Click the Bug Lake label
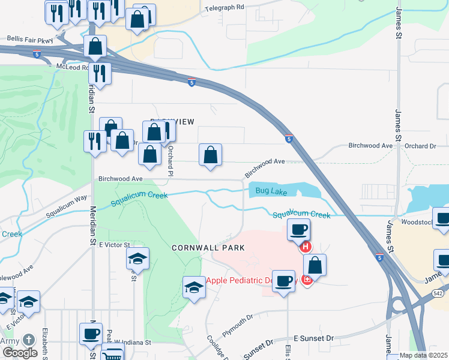click(x=268, y=191)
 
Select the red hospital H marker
click(x=306, y=246)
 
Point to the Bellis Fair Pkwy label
click(x=30, y=39)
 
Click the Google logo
click(x=20, y=353)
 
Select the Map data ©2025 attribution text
click(x=423, y=355)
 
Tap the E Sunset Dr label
click(x=313, y=339)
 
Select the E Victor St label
click(x=114, y=245)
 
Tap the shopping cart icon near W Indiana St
click(x=112, y=356)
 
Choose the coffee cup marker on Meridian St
click(x=91, y=334)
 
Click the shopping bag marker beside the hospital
click(x=315, y=265)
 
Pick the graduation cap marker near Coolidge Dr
click(x=194, y=289)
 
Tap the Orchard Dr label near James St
click(x=420, y=146)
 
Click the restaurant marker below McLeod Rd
click(x=100, y=74)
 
